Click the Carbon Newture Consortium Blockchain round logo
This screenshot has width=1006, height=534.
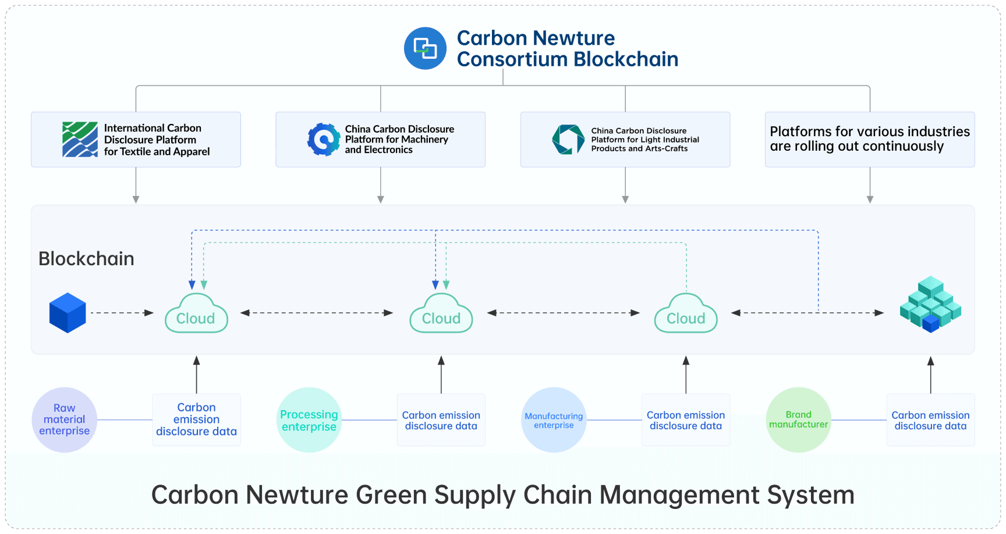click(425, 48)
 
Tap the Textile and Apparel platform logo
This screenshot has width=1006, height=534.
click(80, 140)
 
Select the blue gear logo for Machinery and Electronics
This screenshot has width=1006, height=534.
click(324, 140)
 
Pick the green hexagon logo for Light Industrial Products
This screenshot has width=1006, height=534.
click(568, 140)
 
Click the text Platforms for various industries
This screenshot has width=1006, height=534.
click(869, 132)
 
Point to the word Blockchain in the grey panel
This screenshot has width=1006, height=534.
click(86, 259)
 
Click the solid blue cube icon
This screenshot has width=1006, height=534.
click(68, 313)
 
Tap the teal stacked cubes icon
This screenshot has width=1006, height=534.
click(930, 304)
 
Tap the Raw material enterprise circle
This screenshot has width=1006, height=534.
click(64, 419)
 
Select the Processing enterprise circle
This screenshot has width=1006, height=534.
click(309, 420)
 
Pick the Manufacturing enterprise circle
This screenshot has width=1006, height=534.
click(554, 420)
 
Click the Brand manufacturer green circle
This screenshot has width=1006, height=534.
click(798, 420)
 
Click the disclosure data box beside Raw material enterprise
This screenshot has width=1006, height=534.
click(196, 419)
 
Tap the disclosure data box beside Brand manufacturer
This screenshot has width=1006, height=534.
click(930, 420)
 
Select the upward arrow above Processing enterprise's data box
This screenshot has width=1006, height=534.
click(441, 375)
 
